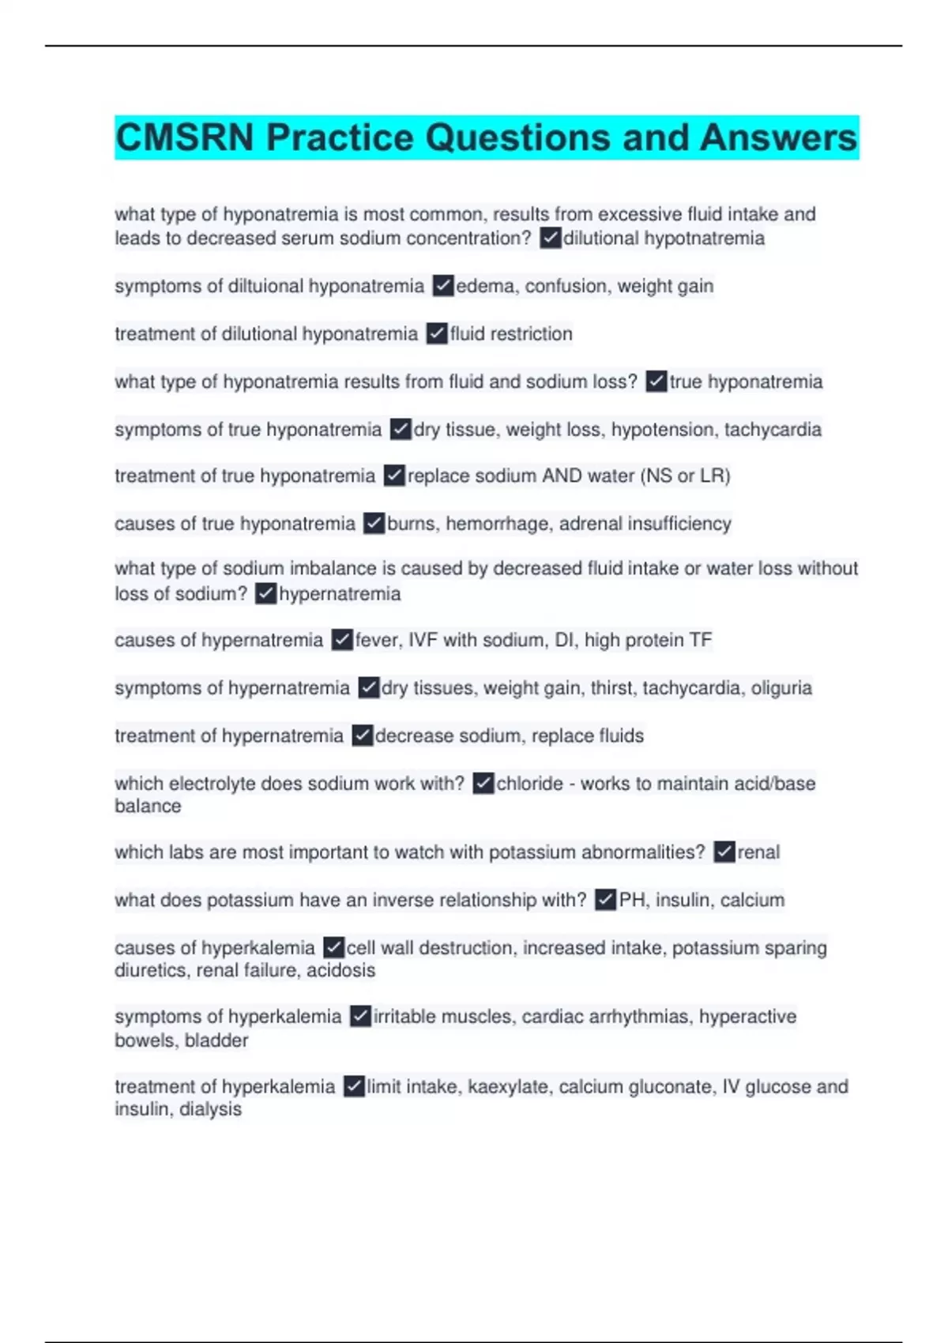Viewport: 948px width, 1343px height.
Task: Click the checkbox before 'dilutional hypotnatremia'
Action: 550,238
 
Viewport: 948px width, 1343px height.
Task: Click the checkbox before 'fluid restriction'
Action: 437,333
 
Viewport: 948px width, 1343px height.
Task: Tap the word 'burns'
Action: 411,523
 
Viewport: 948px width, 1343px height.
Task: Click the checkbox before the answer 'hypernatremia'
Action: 265,593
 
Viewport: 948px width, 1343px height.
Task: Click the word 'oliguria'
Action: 781,688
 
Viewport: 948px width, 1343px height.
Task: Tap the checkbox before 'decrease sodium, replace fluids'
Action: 362,735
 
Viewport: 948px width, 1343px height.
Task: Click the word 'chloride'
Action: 529,784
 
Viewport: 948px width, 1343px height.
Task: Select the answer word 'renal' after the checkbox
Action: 758,852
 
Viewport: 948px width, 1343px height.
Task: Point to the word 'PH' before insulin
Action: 632,900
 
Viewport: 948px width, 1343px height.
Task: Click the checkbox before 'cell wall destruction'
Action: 333,947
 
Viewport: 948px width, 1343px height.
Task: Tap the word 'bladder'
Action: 216,1040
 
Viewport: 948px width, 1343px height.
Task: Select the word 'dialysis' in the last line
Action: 210,1109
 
